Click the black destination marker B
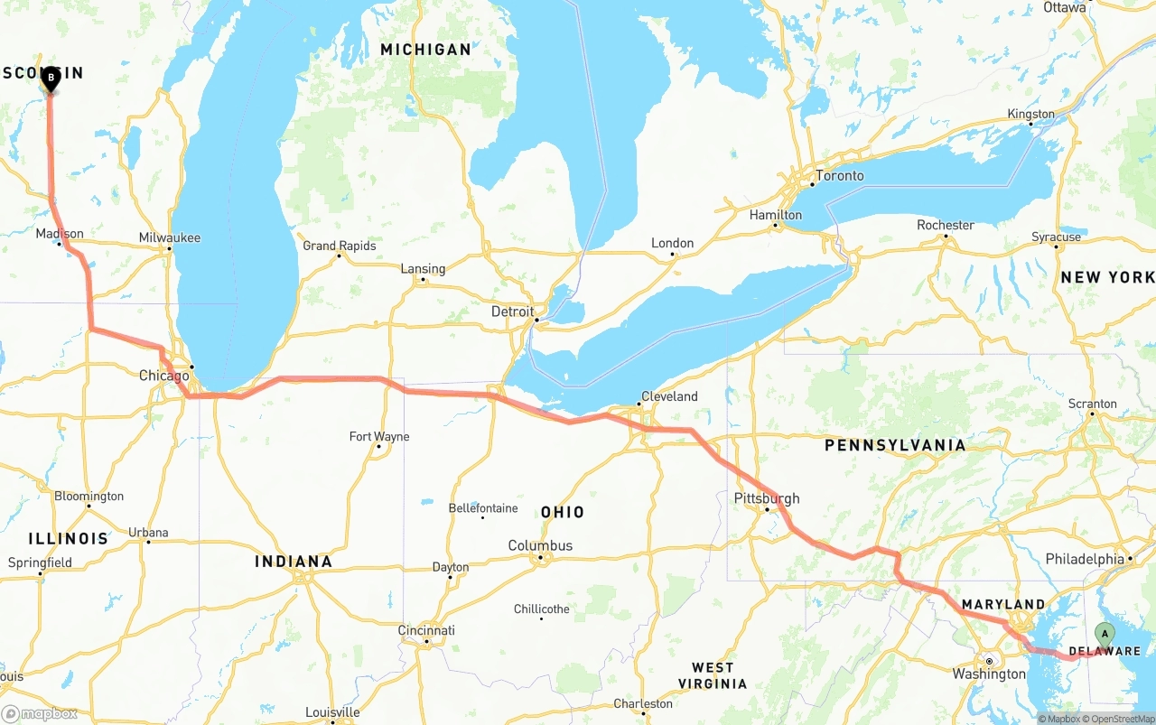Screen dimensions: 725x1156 (51, 79)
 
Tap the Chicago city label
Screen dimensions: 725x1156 (163, 376)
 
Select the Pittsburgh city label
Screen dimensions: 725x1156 (767, 498)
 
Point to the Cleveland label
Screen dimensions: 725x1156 (669, 396)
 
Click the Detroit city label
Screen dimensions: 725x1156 (512, 311)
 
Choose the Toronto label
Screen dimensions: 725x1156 (839, 175)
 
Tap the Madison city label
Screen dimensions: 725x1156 (60, 233)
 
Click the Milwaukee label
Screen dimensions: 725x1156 (170, 237)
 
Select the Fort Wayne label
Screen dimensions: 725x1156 (379, 436)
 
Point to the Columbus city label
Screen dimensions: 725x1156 (540, 545)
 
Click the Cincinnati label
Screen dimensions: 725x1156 (426, 630)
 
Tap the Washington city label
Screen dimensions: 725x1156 (989, 674)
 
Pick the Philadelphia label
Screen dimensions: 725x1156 (1085, 559)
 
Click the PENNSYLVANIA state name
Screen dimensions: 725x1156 (894, 445)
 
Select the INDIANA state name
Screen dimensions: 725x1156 (294, 562)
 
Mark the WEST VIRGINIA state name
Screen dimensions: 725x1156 (713, 675)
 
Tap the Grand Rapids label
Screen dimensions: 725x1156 (339, 246)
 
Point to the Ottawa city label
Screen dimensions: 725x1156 (1064, 7)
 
